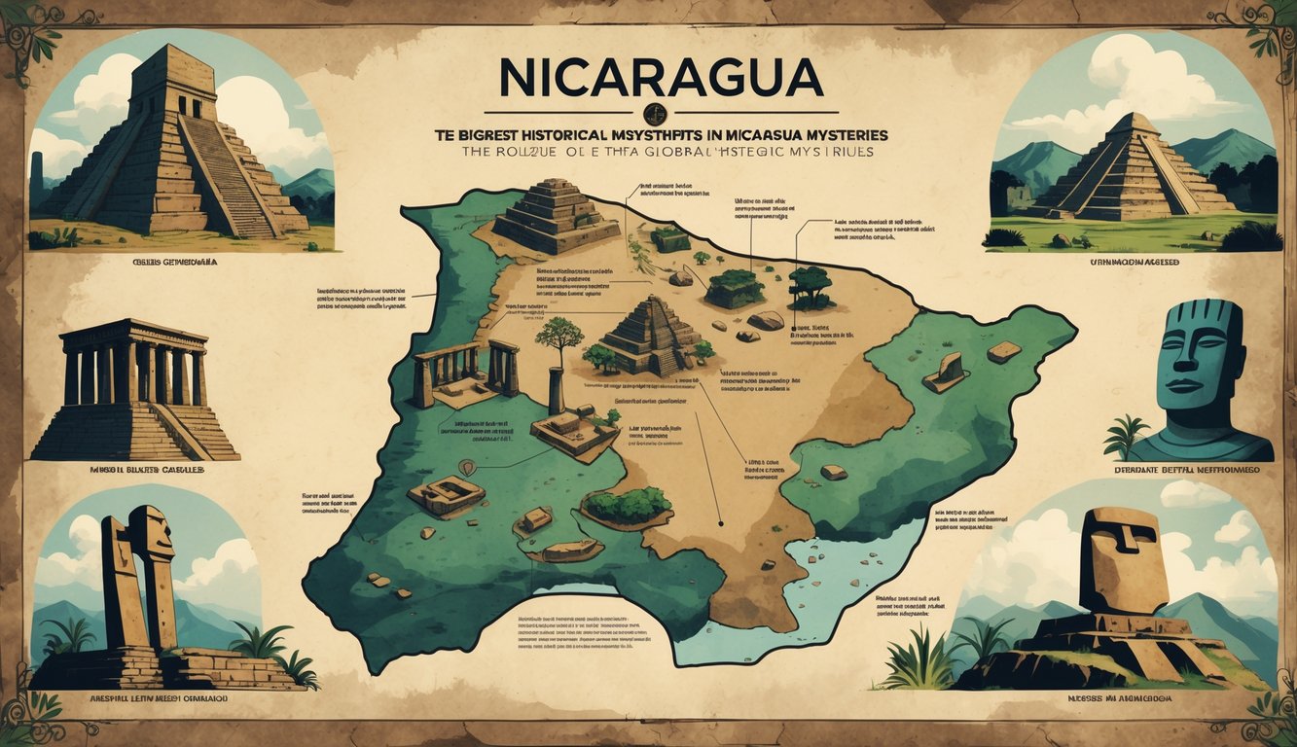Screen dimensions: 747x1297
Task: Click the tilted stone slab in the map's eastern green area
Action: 944,372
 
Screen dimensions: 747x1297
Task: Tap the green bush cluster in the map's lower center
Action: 629,504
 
